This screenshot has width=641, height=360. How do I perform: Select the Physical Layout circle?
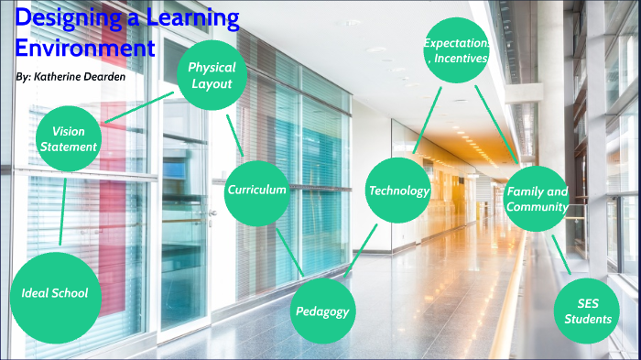pyautogui.click(x=212, y=75)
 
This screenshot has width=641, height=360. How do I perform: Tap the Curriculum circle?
pyautogui.click(x=257, y=191)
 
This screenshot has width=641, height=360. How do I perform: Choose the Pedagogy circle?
pyautogui.click(x=322, y=311)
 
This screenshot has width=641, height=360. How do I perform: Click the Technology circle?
pyautogui.click(x=398, y=191)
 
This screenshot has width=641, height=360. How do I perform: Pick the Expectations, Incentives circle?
pyautogui.click(x=456, y=50)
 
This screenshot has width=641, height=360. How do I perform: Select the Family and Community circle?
pyautogui.click(x=537, y=199)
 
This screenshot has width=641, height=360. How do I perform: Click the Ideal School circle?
pyautogui.click(x=55, y=293)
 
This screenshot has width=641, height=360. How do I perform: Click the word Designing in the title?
pyautogui.click(x=65, y=17)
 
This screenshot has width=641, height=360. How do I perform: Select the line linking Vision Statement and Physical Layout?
pyautogui.click(x=136, y=107)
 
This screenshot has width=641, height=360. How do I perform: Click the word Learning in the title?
pyautogui.click(x=193, y=17)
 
